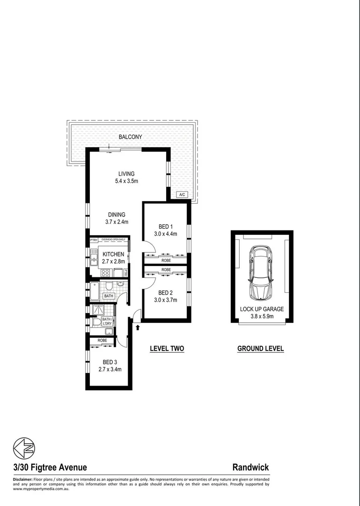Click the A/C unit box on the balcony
[x=181, y=194]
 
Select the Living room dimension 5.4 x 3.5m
[x=126, y=181]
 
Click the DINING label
[x=117, y=215]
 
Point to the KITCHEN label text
[x=113, y=254]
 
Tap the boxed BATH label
[x=109, y=296]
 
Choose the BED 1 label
[x=165, y=226]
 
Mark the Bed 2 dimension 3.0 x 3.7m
[x=165, y=300]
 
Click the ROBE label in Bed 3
[x=103, y=341]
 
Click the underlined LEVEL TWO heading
[x=167, y=349]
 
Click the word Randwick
[x=250, y=467]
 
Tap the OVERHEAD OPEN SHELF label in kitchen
[x=113, y=240]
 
